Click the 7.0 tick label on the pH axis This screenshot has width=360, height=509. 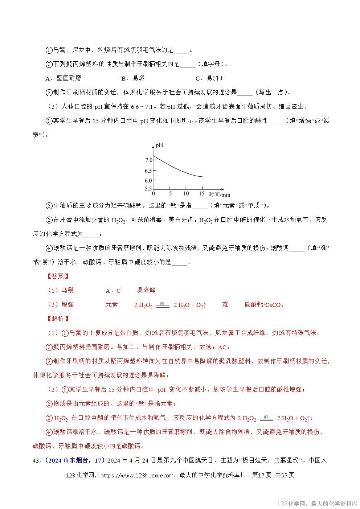pos(148,160)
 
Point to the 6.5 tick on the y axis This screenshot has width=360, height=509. pos(148,171)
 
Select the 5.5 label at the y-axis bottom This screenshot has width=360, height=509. pos(148,189)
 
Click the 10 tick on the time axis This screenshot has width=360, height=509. pos(186,194)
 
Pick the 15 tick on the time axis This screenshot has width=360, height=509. pos(202,194)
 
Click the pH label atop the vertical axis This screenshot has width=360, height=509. pos(159,145)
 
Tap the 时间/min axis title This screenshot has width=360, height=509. pos(219,195)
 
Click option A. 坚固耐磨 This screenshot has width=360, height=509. pos(64,78)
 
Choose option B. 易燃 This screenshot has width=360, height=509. pos(133,78)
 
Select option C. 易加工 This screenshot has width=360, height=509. pos(210,78)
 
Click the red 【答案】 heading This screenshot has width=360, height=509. pos(58,276)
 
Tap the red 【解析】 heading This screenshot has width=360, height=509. pos(58,319)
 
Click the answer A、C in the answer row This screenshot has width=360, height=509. pos(113,291)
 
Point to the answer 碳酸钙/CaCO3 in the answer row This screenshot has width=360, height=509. pos(264,305)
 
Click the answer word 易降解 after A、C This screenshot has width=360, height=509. pos(146,291)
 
